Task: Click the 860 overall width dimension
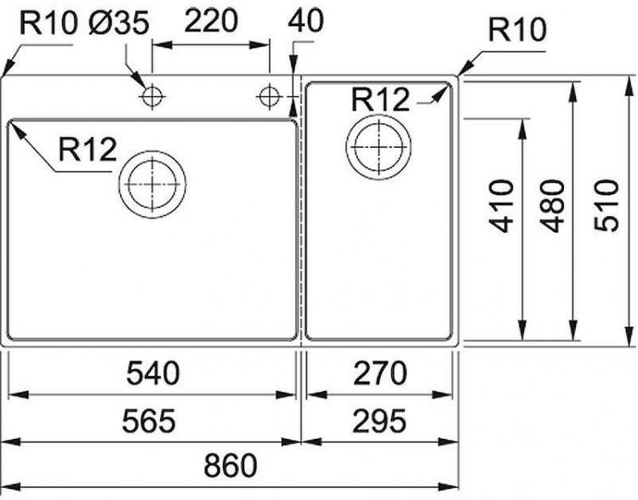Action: (x=230, y=466)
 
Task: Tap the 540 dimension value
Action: (x=153, y=373)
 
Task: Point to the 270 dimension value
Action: (x=376, y=373)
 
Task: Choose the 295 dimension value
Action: (x=376, y=420)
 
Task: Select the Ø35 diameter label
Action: (x=118, y=23)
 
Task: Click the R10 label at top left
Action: (x=48, y=23)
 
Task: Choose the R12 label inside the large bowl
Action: (x=87, y=151)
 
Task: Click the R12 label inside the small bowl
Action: (x=379, y=99)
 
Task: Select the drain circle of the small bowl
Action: (x=378, y=146)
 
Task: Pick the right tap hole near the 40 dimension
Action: (x=270, y=97)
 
